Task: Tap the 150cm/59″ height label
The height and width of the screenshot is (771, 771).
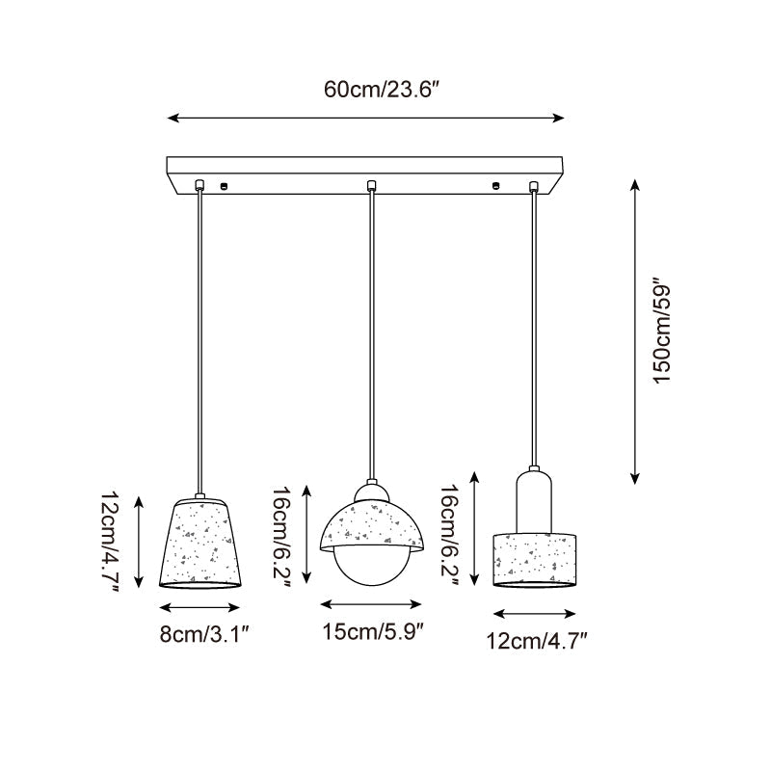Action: [663, 332]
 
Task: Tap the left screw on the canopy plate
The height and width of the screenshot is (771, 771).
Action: [224, 184]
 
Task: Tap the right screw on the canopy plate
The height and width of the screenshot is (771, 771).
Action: [496, 184]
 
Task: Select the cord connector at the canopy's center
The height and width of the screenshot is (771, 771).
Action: [370, 185]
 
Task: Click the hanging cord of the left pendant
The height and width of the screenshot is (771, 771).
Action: [200, 337]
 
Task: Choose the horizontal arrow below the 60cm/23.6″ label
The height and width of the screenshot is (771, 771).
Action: [366, 119]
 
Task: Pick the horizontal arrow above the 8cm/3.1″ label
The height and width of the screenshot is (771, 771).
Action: [199, 608]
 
